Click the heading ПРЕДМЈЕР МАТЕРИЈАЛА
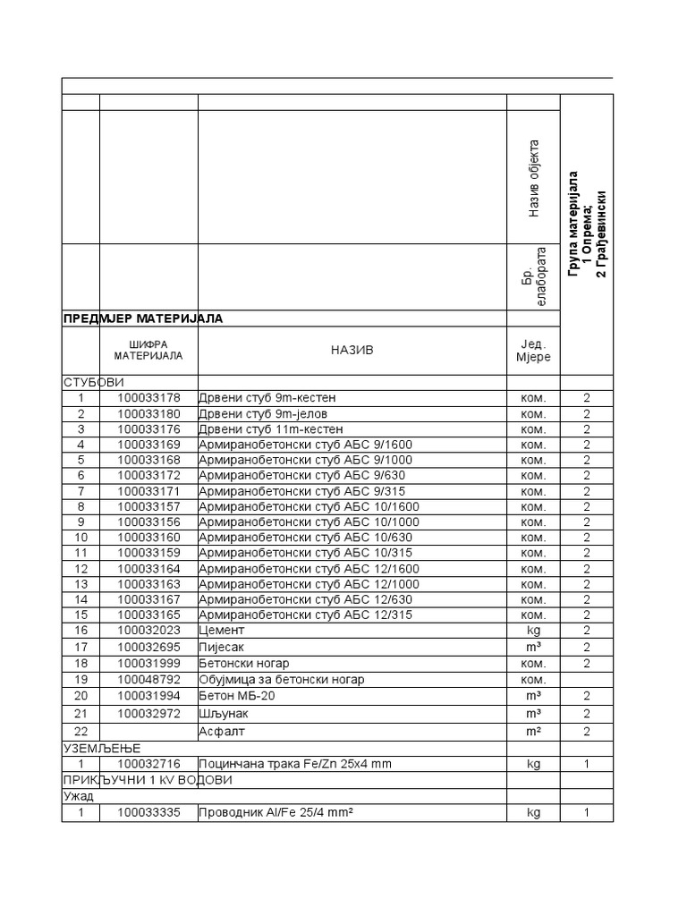[x=142, y=318]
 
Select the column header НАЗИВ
[x=352, y=350]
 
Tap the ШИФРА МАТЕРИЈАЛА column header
[x=148, y=350]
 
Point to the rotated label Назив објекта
[x=534, y=178]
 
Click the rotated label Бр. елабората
[x=533, y=278]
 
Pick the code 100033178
[x=148, y=398]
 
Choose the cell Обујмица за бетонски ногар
[x=282, y=680]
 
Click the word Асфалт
[x=221, y=732]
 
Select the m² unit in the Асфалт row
[x=533, y=732]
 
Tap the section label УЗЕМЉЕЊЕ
[x=102, y=748]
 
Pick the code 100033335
[x=148, y=812]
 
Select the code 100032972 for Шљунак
[x=148, y=713]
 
